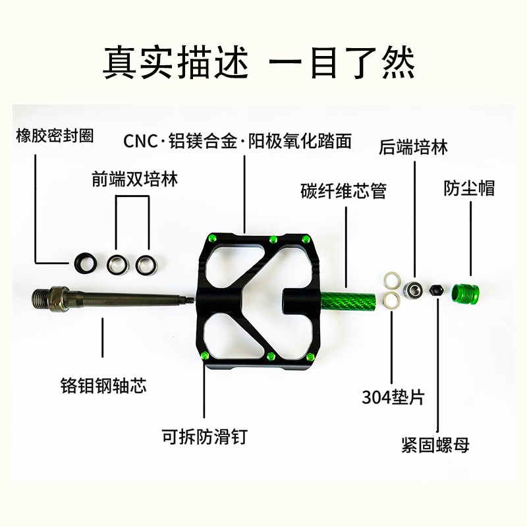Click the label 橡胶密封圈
(55, 136)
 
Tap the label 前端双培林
(135, 180)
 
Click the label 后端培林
(413, 146)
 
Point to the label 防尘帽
(468, 189)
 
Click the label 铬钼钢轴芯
(103, 385)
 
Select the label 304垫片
(393, 397)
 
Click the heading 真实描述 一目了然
(263, 63)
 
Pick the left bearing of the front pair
(117, 264)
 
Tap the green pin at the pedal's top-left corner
(211, 238)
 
